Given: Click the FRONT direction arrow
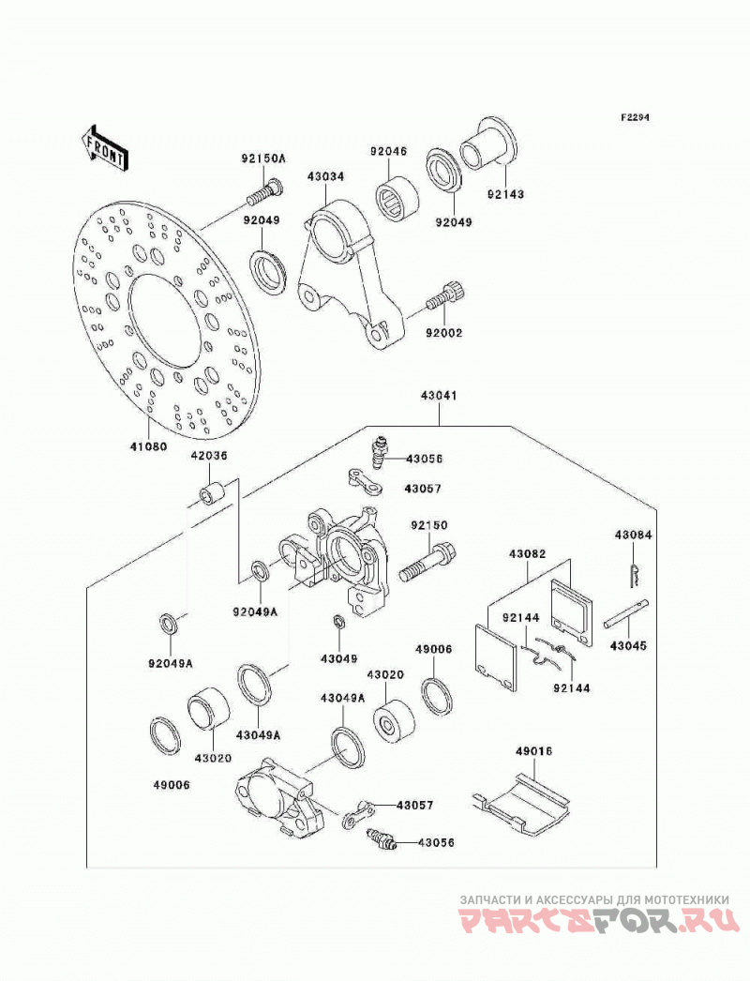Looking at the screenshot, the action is click(x=104, y=148).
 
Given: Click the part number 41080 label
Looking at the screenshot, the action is click(x=148, y=446).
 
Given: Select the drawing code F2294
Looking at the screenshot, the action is click(x=635, y=117).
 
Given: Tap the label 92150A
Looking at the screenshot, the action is click(x=263, y=158).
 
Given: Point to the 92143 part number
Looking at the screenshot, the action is click(x=506, y=194).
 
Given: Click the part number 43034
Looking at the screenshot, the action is click(x=325, y=176).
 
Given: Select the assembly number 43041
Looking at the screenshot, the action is click(x=439, y=396).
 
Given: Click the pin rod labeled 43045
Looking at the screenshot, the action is click(x=626, y=613).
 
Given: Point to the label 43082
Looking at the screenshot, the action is click(x=527, y=553).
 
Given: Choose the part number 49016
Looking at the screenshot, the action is click(x=534, y=751).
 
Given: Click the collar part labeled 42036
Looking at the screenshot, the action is click(x=212, y=493).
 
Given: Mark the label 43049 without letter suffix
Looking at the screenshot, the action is click(x=339, y=658).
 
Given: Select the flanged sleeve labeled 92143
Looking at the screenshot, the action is click(x=487, y=143).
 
